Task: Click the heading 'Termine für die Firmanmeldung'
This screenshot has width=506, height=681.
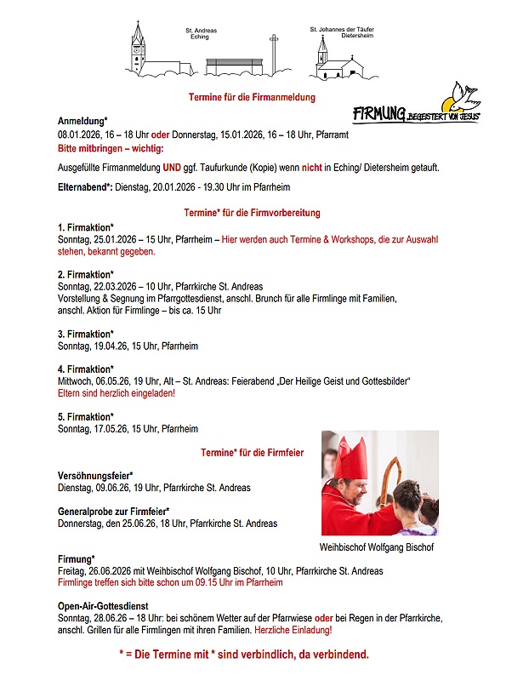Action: click(x=252, y=98)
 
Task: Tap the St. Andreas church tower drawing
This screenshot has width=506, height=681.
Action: click(x=139, y=49)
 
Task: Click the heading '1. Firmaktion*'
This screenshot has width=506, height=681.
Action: click(x=85, y=228)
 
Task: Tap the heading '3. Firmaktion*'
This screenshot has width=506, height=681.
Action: click(x=85, y=335)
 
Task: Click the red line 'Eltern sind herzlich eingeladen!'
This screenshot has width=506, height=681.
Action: click(x=116, y=394)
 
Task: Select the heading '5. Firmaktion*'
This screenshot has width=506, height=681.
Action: click(x=85, y=417)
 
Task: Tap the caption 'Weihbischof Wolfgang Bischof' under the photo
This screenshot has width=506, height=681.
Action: click(x=377, y=547)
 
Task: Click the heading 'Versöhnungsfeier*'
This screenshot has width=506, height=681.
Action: click(x=94, y=476)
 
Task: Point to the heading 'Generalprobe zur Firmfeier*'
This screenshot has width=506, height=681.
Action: click(x=113, y=512)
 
